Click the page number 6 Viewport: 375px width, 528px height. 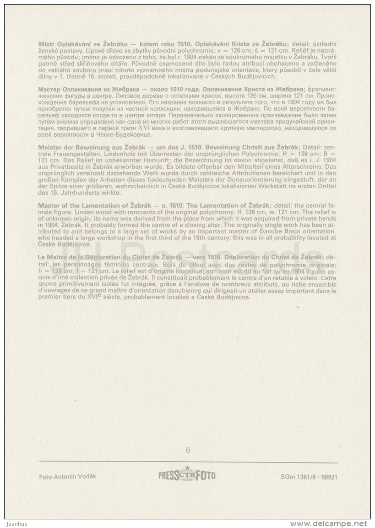(188, 450)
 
